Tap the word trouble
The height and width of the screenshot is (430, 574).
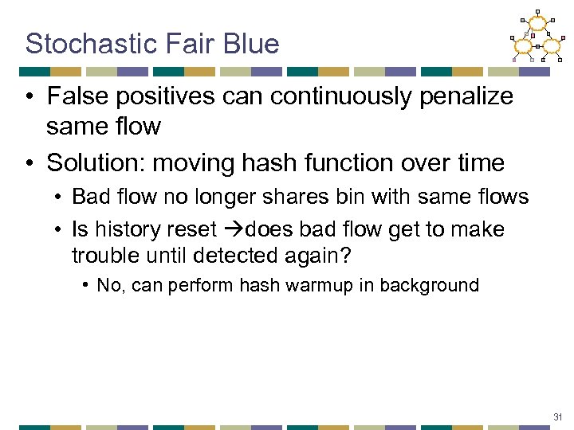(x=103, y=256)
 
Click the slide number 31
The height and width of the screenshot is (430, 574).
(x=558, y=416)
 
